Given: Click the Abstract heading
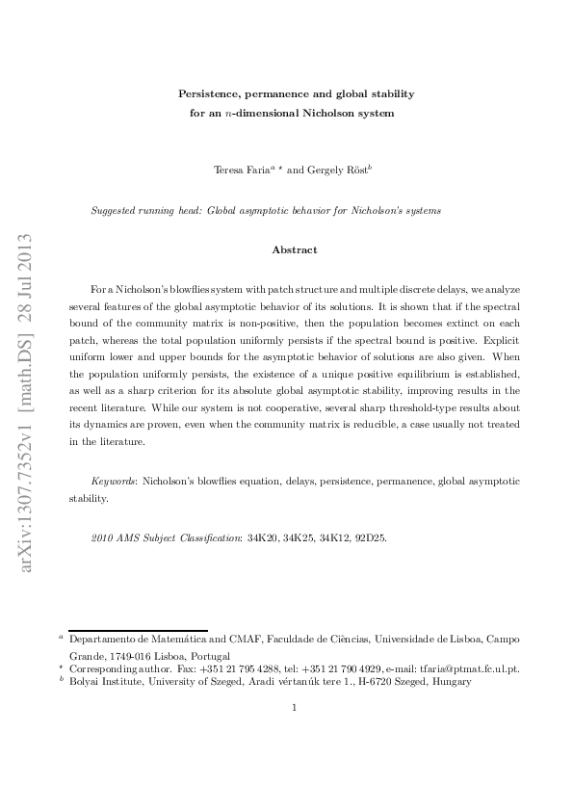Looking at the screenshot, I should [295, 249].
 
